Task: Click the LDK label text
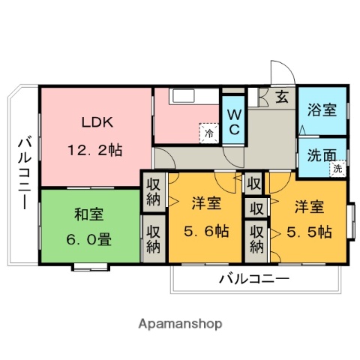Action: [x=97, y=122]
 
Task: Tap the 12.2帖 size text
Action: [x=95, y=151]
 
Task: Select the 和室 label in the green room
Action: [x=89, y=214]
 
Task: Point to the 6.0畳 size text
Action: [x=89, y=239]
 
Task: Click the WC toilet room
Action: [x=234, y=120]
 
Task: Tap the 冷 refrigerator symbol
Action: [x=209, y=133]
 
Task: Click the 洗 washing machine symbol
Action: [x=337, y=169]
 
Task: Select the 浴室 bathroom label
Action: [x=322, y=110]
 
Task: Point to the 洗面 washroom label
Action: [x=322, y=155]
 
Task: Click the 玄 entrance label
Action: [x=282, y=97]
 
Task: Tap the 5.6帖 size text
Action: [x=206, y=231]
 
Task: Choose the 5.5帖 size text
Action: [x=309, y=232]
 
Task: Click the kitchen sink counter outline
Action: [x=194, y=96]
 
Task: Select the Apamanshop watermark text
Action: [x=180, y=324]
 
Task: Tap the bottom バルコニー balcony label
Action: [x=254, y=278]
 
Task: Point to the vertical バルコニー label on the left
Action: [x=25, y=172]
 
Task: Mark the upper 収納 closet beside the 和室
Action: [x=154, y=193]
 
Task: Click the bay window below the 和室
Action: [x=91, y=267]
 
